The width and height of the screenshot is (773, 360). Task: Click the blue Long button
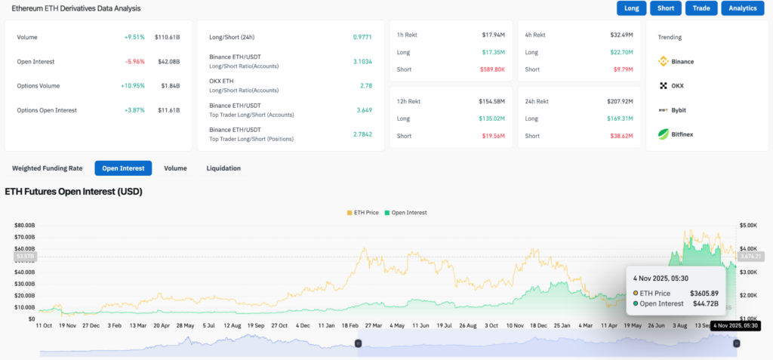point(631,8)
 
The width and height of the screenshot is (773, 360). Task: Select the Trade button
point(701,8)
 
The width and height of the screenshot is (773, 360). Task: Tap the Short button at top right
point(665,8)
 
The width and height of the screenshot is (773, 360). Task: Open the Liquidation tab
point(223,168)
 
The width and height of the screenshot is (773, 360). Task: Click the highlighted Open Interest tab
point(123,168)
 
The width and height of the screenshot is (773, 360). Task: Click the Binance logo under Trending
point(664,61)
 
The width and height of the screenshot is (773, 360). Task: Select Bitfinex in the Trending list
point(664,134)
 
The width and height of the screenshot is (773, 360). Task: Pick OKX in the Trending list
point(664,86)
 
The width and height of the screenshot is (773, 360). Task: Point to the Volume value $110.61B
point(167,37)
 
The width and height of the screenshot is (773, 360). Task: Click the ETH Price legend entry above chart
point(363,213)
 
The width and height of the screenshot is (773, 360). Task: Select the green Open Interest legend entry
point(405,213)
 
